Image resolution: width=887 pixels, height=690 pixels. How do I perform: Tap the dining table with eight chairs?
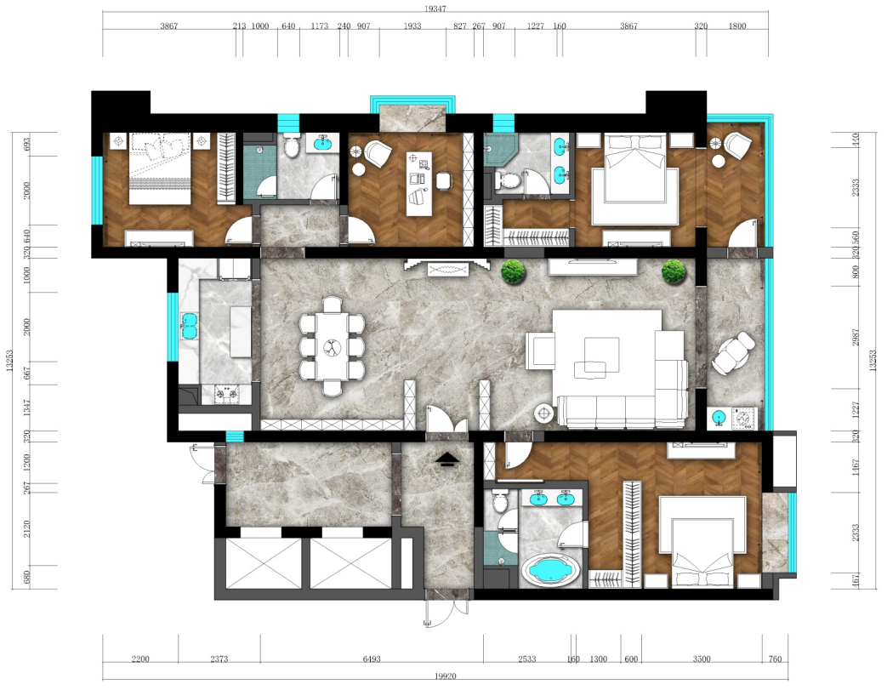point(332,346)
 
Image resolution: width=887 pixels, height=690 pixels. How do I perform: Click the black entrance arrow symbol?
point(447,459)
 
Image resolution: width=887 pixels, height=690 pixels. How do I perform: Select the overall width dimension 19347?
point(435,9)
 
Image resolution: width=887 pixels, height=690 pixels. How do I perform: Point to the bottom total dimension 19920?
point(445,676)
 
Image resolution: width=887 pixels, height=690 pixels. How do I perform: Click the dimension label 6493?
point(372,659)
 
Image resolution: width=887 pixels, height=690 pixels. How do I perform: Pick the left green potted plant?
point(514,271)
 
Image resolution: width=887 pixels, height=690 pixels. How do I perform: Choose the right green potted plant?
point(674,271)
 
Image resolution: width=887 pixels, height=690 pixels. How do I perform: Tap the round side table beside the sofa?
point(543,413)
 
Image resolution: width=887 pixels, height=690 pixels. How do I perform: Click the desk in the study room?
point(420,184)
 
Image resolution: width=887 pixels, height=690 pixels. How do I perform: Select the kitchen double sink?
point(189,326)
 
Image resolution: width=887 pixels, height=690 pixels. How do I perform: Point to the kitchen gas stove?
point(226,394)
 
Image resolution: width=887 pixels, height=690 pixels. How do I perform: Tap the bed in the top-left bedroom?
point(160,168)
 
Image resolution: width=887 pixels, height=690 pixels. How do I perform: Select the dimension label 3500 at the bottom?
point(702,659)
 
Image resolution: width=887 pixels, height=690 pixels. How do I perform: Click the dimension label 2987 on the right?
point(856,338)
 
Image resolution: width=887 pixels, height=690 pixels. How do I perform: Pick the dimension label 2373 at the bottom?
point(219,659)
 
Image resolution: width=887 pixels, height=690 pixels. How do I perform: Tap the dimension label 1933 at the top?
point(412,26)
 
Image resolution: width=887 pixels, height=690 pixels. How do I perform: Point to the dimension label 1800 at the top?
point(737,26)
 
